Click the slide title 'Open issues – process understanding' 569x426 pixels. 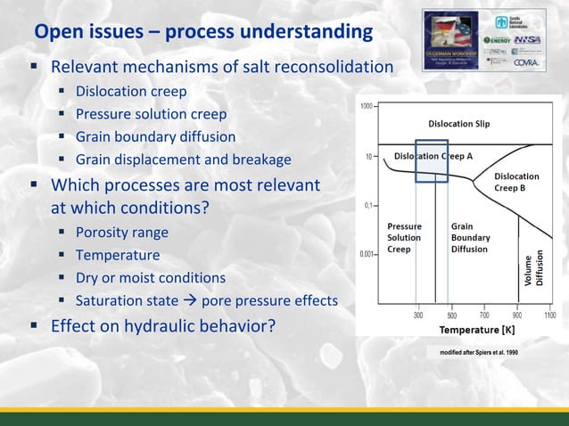(203, 33)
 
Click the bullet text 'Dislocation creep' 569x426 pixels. (131, 91)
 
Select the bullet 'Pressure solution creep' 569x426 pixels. (151, 114)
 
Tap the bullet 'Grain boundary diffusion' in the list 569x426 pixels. (155, 137)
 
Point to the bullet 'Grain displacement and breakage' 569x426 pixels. (183, 160)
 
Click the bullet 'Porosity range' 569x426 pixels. (121, 233)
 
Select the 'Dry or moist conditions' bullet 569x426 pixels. (150, 278)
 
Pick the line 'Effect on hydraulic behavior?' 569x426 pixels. (163, 326)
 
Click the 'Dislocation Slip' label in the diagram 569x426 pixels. (459, 123)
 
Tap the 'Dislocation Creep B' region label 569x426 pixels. (516, 182)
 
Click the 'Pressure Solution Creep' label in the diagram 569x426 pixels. (403, 238)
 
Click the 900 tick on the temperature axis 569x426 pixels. (518, 315)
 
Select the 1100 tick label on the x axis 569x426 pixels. (549, 315)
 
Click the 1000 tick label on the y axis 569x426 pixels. (367, 107)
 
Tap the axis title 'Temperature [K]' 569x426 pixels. (477, 330)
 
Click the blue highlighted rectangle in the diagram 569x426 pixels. (432, 161)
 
